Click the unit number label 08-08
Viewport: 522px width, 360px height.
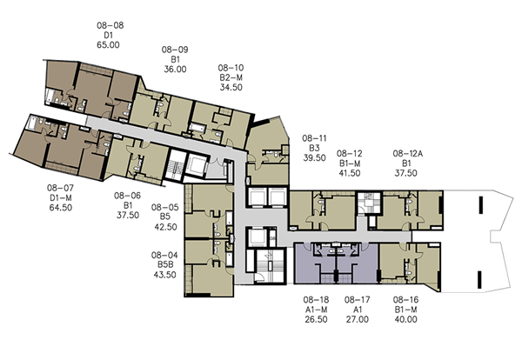tap(110, 25)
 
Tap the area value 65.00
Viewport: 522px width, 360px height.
tap(108, 45)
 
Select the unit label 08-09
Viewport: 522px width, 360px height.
tap(175, 50)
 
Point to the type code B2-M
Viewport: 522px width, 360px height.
tap(231, 77)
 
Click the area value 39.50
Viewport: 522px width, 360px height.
tap(314, 157)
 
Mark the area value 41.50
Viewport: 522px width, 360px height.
tap(350, 173)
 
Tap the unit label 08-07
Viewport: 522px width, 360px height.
tap(60, 188)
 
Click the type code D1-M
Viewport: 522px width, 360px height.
tap(61, 197)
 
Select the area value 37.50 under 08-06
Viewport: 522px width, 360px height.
tap(128, 216)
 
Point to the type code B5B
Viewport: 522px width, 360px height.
tap(165, 265)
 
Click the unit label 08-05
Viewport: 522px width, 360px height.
tap(164, 207)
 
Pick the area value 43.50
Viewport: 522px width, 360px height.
tap(164, 275)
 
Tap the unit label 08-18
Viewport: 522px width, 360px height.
tap(316, 300)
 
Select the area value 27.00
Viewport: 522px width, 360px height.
tap(358, 319)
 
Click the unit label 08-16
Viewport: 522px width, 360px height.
tap(405, 300)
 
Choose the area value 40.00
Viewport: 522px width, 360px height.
tap(405, 319)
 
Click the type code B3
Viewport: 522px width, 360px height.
tap(314, 148)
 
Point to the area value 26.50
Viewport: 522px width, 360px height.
tap(317, 319)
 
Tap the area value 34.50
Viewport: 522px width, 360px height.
tap(231, 88)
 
